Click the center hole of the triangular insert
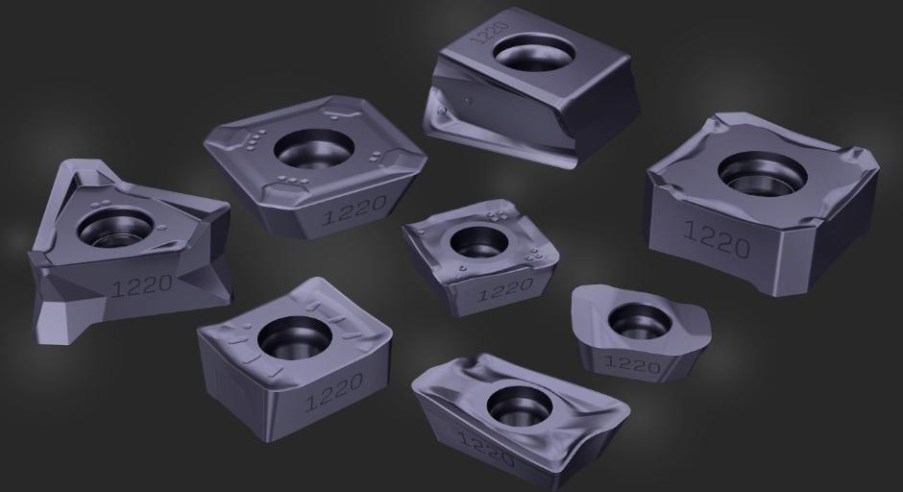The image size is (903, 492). coord(115,227)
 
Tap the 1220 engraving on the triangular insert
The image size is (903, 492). coord(141,285)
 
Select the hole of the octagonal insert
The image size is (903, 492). coord(313,149)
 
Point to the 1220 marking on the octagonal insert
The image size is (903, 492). coord(354,209)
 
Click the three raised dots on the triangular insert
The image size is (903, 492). coord(103,205)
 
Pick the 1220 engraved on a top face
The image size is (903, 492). coord(481,33)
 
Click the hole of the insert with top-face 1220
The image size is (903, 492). coord(534,53)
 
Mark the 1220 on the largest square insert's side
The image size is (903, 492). coord(717,238)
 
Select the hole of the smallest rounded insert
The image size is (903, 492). coord(640,321)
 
